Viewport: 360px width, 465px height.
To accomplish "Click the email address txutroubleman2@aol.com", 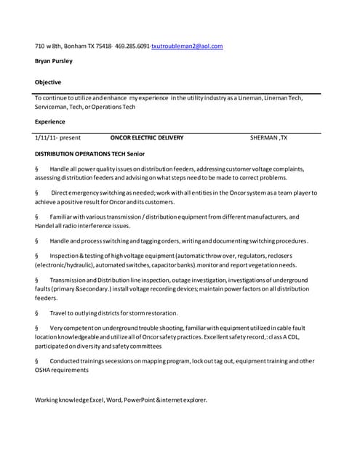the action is pyautogui.click(x=187, y=46).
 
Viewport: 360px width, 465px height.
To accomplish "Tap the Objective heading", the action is pyautogui.click(x=48, y=82).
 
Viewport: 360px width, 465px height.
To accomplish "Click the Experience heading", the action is pyautogui.click(x=50, y=121).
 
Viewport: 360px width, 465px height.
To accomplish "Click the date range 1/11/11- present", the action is pyautogui.click(x=57, y=137).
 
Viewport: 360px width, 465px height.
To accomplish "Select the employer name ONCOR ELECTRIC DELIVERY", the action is pyautogui.click(x=147, y=137).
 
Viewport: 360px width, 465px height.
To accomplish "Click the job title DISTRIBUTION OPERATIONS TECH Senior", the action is pyautogui.click(x=90, y=154).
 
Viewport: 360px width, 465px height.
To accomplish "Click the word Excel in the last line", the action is pyautogui.click(x=99, y=399).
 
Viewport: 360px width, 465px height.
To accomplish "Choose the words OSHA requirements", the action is pyautogui.click(x=62, y=370).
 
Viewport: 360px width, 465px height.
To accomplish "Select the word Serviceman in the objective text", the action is pyautogui.click(x=50, y=107).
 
